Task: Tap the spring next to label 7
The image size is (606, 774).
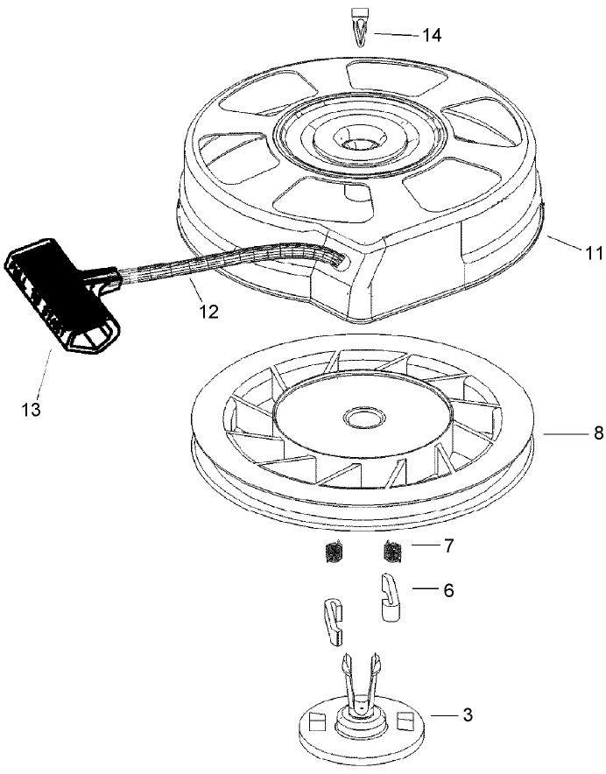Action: point(393,552)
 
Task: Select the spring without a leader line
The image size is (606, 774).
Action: point(334,554)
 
